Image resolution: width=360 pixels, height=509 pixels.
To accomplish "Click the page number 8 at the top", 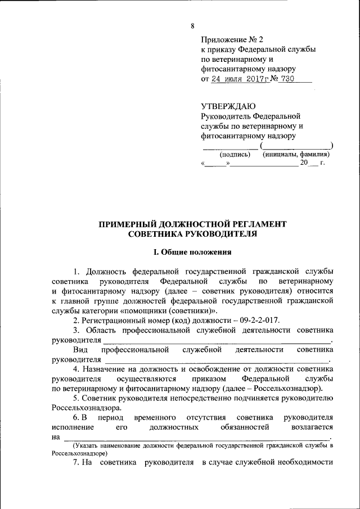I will tap(192, 26).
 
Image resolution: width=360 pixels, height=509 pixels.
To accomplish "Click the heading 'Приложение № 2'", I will tap(232, 39).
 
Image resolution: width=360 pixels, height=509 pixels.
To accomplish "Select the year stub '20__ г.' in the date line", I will tap(312, 164).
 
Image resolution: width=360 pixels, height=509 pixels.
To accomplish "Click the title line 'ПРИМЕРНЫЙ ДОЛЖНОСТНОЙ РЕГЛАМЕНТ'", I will tap(192, 224).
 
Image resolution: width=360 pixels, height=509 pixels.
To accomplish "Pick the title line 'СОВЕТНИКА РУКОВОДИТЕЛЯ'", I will tap(192, 233).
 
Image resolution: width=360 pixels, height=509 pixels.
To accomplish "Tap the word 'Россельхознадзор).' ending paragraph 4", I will tap(287, 389).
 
